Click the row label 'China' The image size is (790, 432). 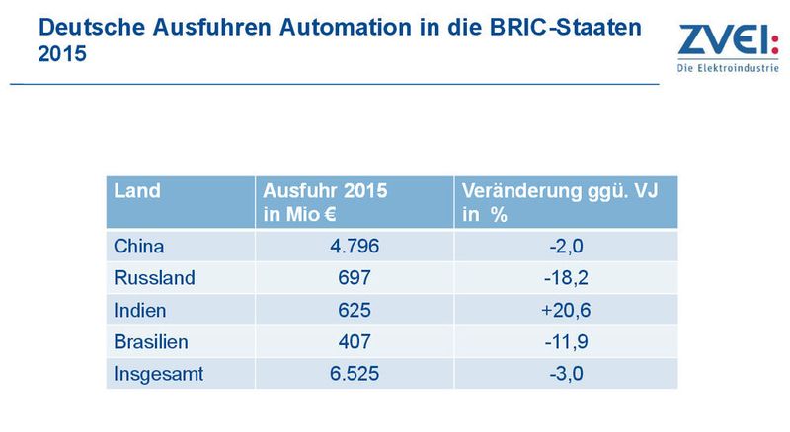click(x=139, y=246)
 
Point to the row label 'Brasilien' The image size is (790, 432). click(x=152, y=341)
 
